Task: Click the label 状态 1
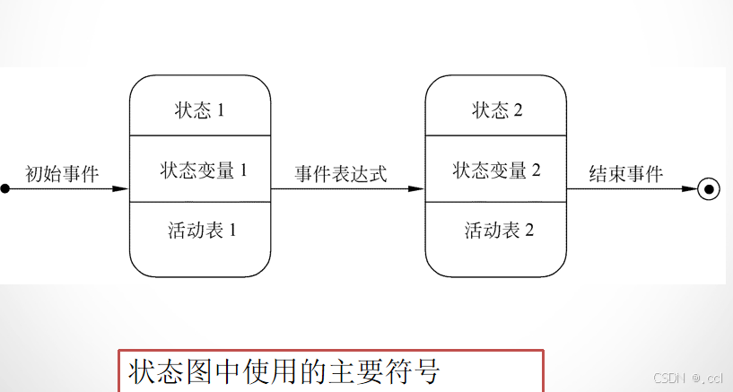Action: tap(199, 110)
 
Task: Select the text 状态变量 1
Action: tap(204, 170)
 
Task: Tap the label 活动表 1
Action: tap(202, 230)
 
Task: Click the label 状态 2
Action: tap(497, 110)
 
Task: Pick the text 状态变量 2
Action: tap(496, 170)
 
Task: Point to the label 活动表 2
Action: tap(499, 230)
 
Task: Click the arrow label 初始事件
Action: tap(62, 174)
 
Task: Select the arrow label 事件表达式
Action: tap(341, 174)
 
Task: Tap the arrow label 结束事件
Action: tap(625, 174)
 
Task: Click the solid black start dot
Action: tap(4, 189)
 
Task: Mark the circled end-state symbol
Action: tap(709, 189)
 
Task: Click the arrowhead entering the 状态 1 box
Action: tap(121, 189)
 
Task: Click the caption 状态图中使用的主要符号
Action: tap(284, 371)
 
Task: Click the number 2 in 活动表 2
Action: tap(529, 230)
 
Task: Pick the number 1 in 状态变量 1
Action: tap(242, 170)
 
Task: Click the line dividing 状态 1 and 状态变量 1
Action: tap(200, 135)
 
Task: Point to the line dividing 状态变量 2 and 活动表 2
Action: tap(495, 202)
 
